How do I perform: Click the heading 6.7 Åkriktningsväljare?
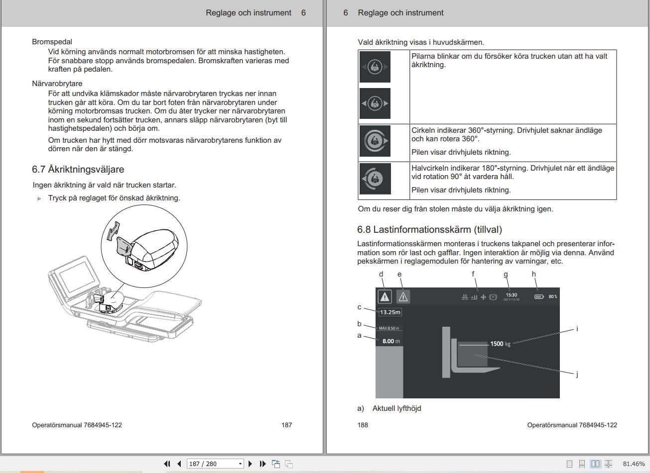(x=78, y=170)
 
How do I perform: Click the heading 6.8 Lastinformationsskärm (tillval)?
(x=429, y=229)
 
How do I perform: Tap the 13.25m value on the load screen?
(x=390, y=312)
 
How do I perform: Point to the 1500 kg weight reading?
(x=500, y=344)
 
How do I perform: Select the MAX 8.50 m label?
(x=389, y=328)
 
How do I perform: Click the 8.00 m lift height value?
(x=388, y=341)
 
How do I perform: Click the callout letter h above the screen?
(x=534, y=274)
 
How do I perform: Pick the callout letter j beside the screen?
(x=577, y=374)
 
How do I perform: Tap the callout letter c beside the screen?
(x=359, y=307)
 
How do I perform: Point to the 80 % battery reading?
(x=553, y=297)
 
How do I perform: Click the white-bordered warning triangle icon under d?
(x=385, y=296)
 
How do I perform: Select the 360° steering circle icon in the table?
(x=375, y=141)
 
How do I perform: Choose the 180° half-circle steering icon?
(x=375, y=178)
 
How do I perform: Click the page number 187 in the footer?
(x=286, y=425)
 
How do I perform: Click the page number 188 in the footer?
(x=363, y=425)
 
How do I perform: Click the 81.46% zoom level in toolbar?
(x=634, y=464)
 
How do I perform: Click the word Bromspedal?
(x=52, y=42)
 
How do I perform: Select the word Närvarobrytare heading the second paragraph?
(x=57, y=84)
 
